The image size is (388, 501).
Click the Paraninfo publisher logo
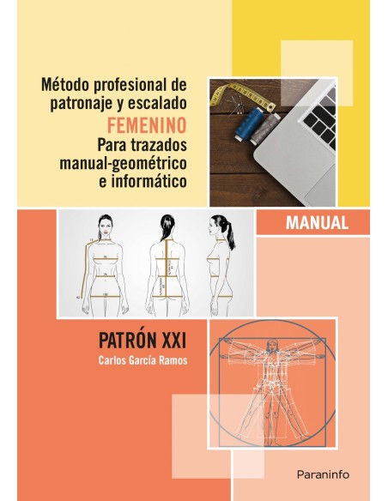click(330, 472)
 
